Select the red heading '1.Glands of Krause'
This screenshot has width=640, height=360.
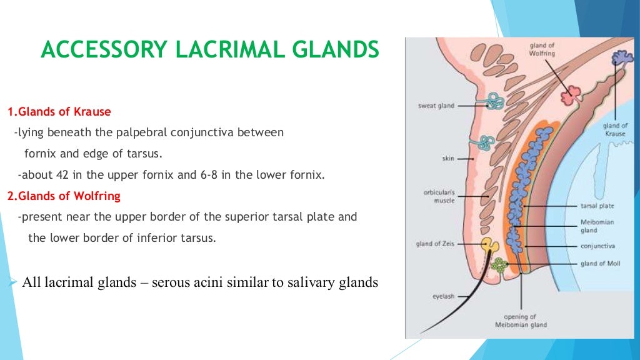59,112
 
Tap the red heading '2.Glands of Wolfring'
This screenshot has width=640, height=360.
64,196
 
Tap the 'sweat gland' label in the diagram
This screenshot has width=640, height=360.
436,106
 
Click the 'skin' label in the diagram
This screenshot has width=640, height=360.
448,159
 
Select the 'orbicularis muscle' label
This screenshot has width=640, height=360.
439,196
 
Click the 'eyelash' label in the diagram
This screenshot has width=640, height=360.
443,296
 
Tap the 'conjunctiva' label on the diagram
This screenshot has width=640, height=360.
597,246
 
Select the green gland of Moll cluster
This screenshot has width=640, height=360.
499,264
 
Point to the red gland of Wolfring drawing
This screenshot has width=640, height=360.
570,96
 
